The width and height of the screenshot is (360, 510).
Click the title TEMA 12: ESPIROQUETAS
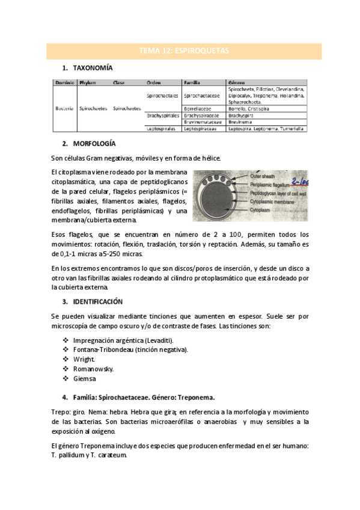pyautogui.click(x=184, y=51)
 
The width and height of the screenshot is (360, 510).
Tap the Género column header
pyautogui.click(x=236, y=82)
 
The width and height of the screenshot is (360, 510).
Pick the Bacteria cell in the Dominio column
pyautogui.click(x=64, y=108)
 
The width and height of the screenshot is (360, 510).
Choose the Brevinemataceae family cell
pyautogui.click(x=203, y=121)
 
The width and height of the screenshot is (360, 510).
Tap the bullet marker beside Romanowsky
pyautogui.click(x=66, y=369)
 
